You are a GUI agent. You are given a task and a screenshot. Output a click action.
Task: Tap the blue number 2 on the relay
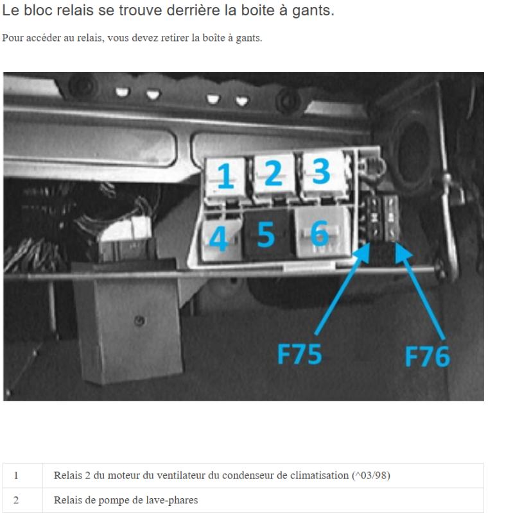point(273,172)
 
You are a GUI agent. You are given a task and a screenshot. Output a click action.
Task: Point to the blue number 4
point(218,239)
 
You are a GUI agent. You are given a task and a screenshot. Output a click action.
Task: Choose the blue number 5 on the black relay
point(266,234)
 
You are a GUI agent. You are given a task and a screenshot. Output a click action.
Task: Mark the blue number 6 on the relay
point(319,233)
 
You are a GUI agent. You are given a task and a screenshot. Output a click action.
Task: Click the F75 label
point(299,354)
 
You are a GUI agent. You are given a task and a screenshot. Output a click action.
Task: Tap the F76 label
point(428,356)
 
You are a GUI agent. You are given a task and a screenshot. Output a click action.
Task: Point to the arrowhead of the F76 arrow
point(402,252)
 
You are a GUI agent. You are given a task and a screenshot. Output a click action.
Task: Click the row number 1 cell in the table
point(16,475)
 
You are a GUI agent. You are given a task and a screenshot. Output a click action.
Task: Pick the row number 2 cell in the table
point(16,500)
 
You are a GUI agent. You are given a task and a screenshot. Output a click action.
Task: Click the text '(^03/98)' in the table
point(371,475)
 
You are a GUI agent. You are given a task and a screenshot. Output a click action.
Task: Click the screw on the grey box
point(139,321)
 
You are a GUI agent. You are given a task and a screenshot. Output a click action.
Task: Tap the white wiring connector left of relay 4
point(126,230)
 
